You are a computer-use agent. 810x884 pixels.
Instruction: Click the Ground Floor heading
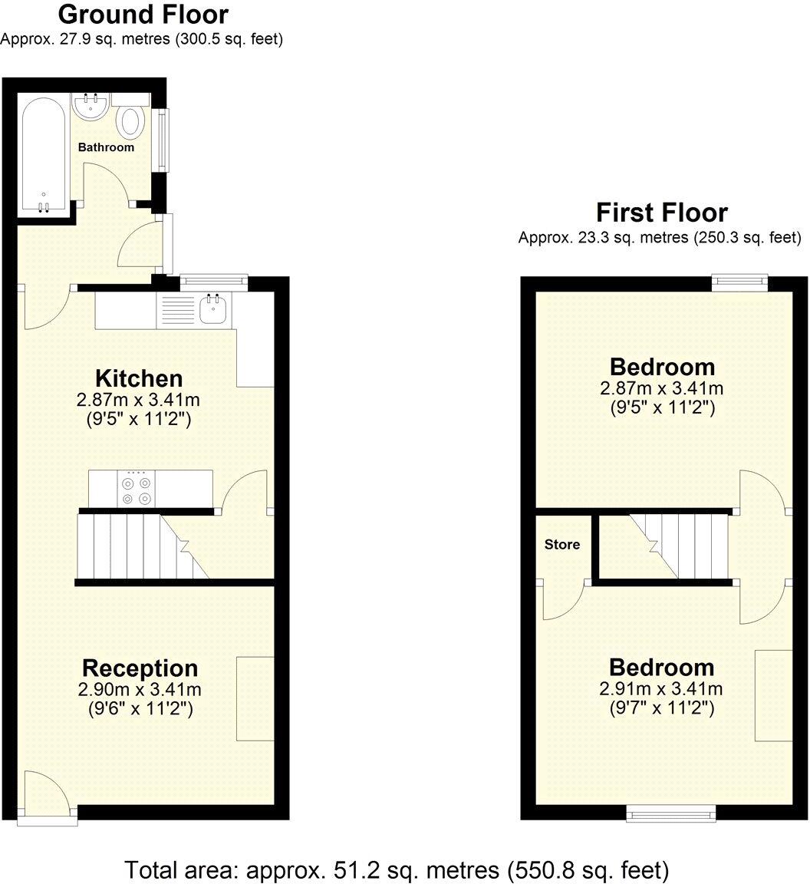143,15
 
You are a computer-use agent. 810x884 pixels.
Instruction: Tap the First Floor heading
661,213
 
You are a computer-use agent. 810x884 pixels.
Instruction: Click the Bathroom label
106,147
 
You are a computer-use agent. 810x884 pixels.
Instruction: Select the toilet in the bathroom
132,121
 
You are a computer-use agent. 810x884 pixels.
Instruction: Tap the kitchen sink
211,309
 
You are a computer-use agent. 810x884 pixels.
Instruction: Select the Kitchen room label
139,378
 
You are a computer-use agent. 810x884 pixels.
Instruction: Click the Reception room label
140,668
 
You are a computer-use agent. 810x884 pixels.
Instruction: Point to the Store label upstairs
562,545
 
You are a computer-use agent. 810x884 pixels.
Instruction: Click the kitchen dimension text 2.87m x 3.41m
139,401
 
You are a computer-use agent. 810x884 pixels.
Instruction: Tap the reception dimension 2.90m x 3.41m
140,690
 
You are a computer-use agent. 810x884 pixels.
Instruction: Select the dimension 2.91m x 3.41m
661,689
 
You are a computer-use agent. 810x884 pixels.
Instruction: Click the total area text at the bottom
397,871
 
